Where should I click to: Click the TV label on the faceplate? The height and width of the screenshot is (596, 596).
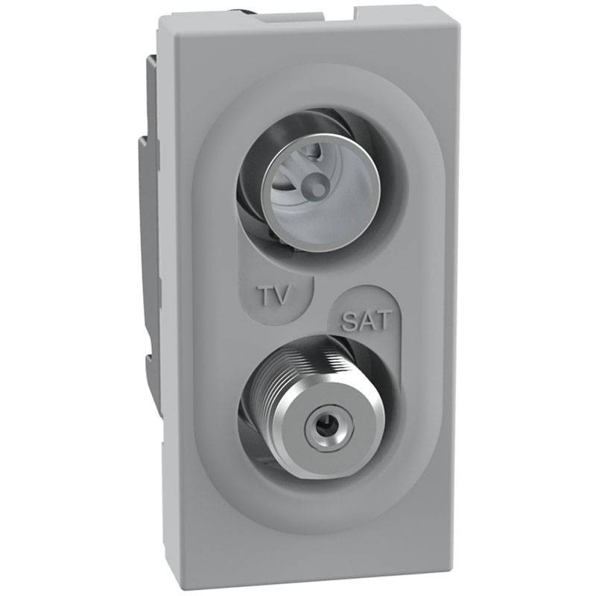pos(276,296)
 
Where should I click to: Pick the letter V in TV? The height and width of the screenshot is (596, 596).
pos(284,296)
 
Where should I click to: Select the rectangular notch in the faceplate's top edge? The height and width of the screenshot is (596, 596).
pos(328,14)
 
